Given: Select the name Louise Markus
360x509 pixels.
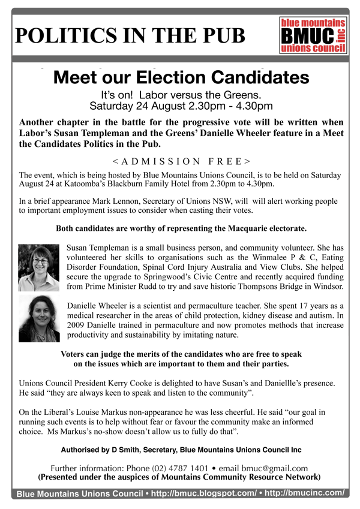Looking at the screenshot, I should click(86, 413).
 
